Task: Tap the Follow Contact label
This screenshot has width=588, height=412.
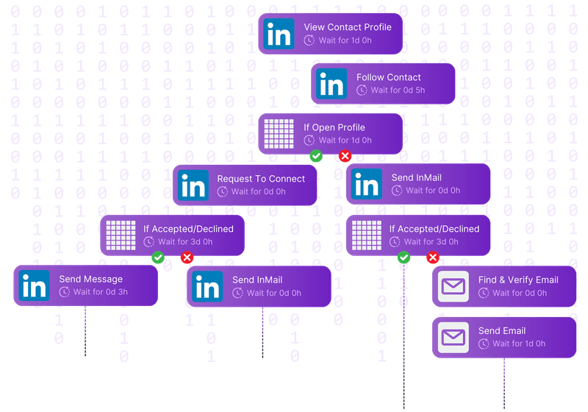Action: point(388,77)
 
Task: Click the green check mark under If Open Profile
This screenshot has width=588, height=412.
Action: point(316,156)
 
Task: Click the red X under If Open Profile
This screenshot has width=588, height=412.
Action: point(345,156)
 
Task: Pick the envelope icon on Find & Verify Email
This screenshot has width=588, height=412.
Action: point(453,286)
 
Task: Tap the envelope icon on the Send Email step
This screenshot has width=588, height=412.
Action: point(453,337)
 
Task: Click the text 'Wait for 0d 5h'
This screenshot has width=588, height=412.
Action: point(398,90)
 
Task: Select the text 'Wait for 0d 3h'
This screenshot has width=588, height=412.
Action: point(93,293)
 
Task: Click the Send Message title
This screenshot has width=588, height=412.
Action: point(91,280)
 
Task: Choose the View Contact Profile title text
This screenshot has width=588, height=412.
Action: point(348,27)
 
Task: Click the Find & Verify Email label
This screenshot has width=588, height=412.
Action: point(518,280)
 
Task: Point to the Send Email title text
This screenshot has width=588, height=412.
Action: point(502,330)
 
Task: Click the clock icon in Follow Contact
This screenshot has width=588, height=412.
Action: point(362,90)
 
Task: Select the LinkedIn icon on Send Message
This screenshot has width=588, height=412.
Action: point(34,285)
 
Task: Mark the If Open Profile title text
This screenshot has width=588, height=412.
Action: point(334,127)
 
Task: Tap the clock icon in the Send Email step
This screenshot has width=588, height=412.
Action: point(484,344)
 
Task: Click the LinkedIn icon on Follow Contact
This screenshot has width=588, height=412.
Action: point(331,84)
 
